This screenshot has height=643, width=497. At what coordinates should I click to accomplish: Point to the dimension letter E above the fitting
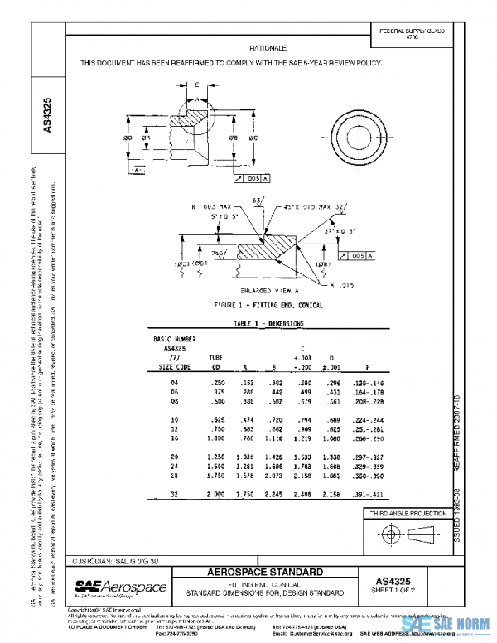pyautogui.click(x=197, y=85)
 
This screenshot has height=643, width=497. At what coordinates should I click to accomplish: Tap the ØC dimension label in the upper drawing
pyautogui.click(x=252, y=138)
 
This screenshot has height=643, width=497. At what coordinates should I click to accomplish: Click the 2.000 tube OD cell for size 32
pyautogui.click(x=214, y=493)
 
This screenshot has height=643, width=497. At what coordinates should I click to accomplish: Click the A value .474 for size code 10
pyautogui.click(x=245, y=420)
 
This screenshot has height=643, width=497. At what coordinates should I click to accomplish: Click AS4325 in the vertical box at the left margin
pyautogui.click(x=48, y=116)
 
